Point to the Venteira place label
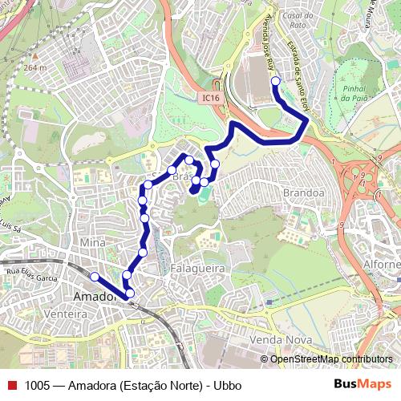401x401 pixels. [67, 314]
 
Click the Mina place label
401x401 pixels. [94, 241]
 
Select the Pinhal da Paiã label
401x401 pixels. [354, 92]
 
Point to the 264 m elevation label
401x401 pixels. [35, 67]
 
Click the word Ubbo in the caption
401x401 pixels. [227, 385]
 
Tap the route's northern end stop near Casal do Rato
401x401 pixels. [275, 81]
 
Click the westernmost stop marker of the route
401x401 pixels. [95, 277]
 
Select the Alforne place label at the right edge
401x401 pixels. [382, 265]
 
